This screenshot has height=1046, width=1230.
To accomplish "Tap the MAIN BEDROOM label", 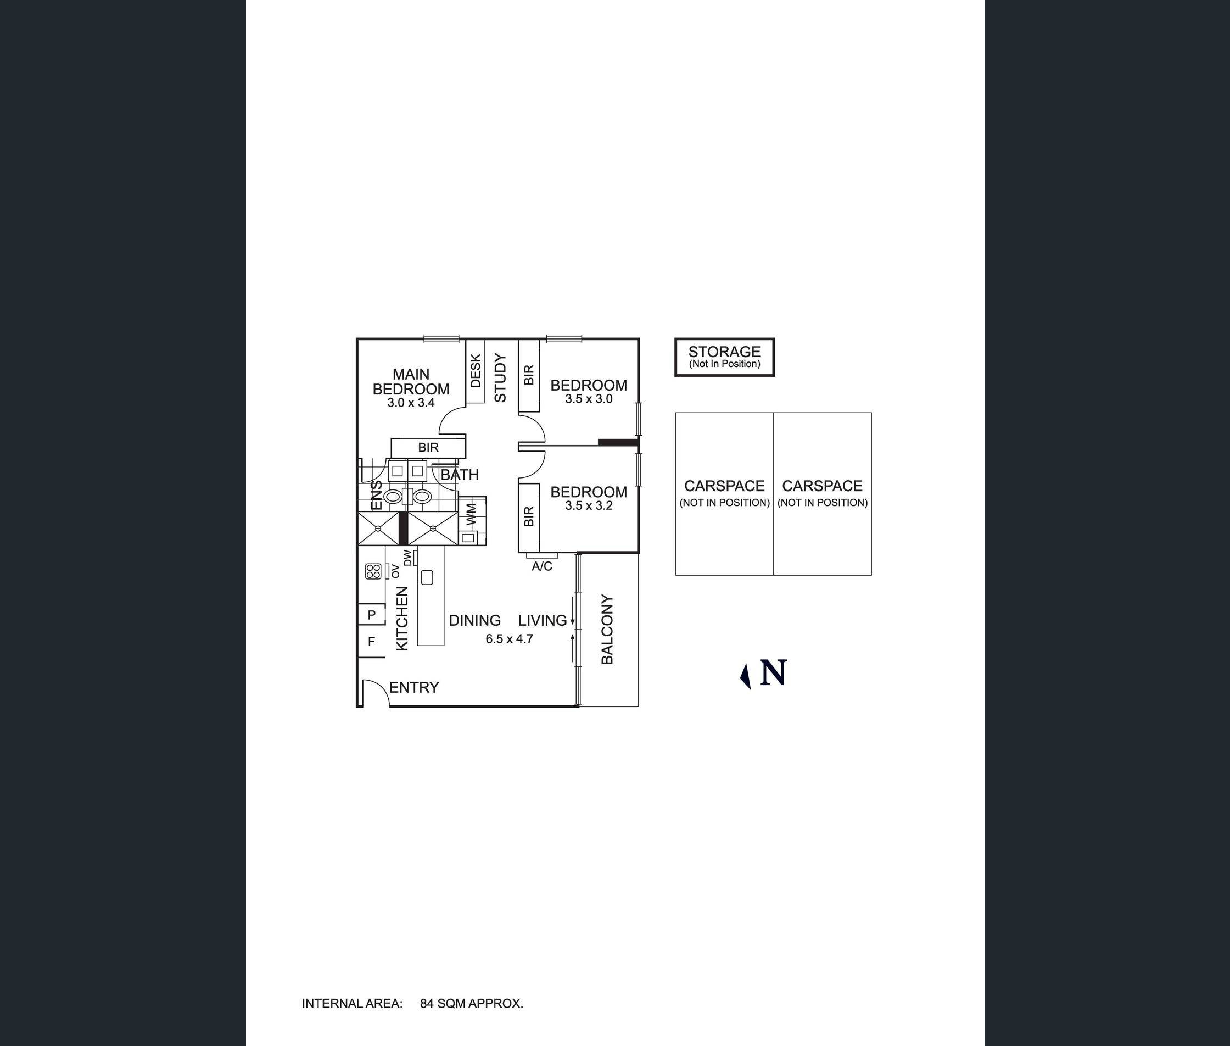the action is tap(411, 382).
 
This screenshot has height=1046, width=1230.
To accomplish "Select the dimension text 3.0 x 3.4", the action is tap(411, 403).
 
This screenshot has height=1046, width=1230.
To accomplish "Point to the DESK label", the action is tap(476, 371).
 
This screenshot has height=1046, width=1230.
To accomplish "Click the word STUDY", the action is tap(500, 378).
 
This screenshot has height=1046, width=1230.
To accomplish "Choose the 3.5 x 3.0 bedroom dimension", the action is tap(589, 399).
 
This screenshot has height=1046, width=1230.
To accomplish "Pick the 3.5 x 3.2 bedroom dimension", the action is tap(589, 506).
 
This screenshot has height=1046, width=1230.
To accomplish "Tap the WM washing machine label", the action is tap(471, 514).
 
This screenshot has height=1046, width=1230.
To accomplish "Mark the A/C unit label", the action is tap(542, 566).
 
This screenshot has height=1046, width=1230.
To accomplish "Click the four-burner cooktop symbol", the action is tap(373, 571).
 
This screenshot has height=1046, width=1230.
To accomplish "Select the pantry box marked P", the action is tap(372, 614).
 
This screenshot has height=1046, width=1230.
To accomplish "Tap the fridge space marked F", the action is tap(372, 641).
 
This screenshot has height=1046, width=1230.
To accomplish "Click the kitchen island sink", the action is tap(427, 577).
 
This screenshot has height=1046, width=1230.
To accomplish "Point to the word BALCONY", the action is tap(607, 629).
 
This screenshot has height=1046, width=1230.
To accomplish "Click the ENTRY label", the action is tap(414, 687).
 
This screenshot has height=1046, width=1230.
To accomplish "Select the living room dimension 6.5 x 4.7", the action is tap(509, 638).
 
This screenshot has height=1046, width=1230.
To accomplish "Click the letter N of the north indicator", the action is tap(773, 673).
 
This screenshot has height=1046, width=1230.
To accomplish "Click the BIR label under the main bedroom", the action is tap(428, 447).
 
